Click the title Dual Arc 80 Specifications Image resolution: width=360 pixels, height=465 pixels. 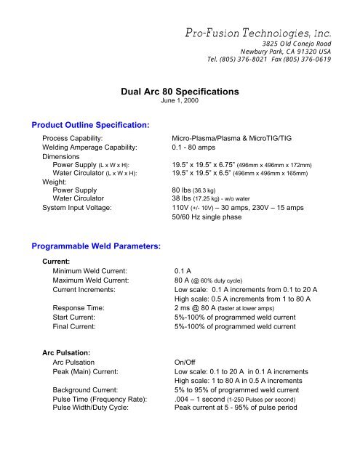point(179,93)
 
